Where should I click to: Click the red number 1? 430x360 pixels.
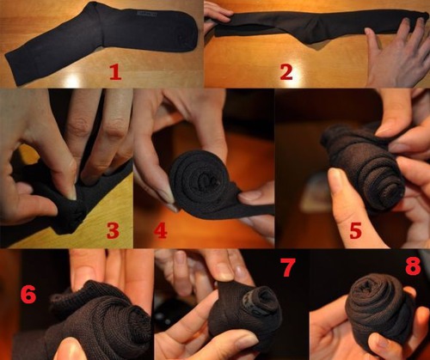(115, 72)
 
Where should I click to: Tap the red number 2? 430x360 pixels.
(286, 72)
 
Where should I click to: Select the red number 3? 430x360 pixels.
(113, 230)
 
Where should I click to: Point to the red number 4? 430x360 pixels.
(161, 230)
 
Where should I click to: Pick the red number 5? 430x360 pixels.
(355, 231)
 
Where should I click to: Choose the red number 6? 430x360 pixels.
(28, 295)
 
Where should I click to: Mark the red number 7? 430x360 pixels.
(287, 267)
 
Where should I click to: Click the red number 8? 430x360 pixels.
(413, 266)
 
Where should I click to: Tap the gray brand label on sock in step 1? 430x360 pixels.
(147, 14)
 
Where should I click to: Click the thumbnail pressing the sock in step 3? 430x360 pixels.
(71, 192)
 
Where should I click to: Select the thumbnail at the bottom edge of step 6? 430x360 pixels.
(67, 350)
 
